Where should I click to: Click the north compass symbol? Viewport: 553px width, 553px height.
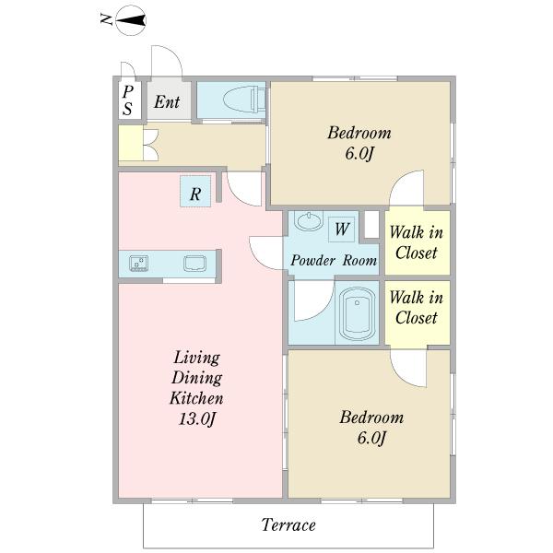(131, 20)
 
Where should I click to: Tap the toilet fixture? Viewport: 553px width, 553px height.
(244, 100)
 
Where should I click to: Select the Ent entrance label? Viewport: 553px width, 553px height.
(167, 102)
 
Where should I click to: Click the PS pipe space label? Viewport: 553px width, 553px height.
(128, 100)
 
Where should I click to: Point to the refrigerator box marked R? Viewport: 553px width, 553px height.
(195, 191)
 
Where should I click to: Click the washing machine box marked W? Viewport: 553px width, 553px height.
(341, 229)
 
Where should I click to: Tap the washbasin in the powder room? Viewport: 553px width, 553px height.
(309, 221)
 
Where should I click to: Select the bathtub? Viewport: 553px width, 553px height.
(358, 314)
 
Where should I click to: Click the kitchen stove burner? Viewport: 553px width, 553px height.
(138, 264)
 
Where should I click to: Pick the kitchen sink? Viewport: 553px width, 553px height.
(194, 264)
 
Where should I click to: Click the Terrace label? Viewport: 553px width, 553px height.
(288, 524)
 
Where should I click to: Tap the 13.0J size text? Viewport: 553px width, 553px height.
(197, 418)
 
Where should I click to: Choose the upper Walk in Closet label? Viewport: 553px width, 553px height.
(417, 242)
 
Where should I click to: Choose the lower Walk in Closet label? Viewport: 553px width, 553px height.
(417, 308)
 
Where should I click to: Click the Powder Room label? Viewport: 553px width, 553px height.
(334, 261)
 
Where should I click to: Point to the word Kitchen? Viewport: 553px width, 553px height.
(196, 398)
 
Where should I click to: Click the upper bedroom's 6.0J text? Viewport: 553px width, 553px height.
(359, 153)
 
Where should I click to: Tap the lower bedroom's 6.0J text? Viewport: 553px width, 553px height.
(371, 438)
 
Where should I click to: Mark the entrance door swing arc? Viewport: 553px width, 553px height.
(174, 53)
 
